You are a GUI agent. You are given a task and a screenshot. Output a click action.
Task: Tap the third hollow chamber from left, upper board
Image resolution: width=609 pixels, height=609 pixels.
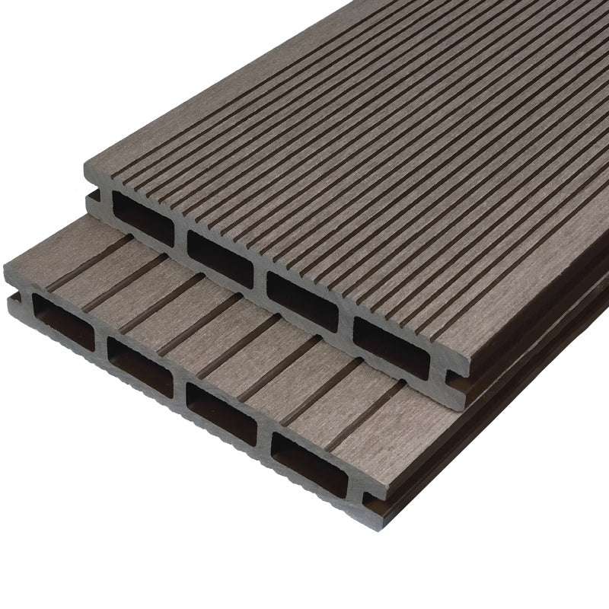tap(302, 299)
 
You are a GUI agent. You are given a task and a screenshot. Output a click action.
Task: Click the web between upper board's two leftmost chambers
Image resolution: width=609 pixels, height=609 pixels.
tap(181, 238)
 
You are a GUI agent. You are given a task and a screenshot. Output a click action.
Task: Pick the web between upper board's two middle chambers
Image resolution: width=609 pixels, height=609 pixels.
tap(260, 279)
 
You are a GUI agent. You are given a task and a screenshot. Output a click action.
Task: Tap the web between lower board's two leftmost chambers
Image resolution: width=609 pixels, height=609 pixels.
tap(101, 342)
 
